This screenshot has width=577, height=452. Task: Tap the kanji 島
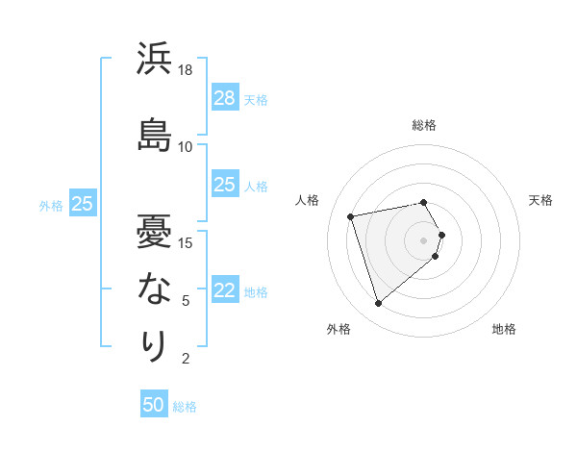pos(154,134)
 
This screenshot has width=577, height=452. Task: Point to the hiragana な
pos(154,288)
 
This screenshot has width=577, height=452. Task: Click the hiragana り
pos(154,345)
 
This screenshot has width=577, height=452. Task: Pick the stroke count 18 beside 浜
pos(186,70)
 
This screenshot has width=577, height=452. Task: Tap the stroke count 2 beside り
pos(186,360)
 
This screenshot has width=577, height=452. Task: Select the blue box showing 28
pos(224,97)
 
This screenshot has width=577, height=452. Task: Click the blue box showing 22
pos(224,290)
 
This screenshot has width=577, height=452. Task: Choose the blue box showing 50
pos(154,405)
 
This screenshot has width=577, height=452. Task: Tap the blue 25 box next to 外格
pos(82,204)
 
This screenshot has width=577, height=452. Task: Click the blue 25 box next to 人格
pos(224,185)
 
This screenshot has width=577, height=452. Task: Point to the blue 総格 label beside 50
pos(185,407)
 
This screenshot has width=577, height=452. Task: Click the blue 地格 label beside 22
pos(256,292)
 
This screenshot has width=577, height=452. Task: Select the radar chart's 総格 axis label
pos(424,125)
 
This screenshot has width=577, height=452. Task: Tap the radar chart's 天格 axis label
pos(540,200)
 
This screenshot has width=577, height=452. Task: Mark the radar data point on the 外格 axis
pos(378,304)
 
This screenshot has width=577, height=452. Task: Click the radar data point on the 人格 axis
pos(351,215)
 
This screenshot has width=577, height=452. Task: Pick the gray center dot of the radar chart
pos(423,239)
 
